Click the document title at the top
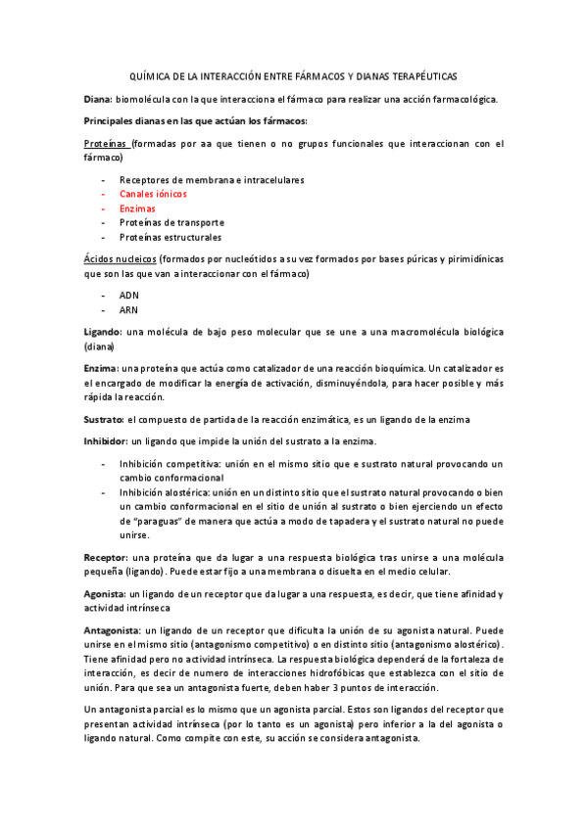293,75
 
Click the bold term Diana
98,99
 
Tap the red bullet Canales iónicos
153,194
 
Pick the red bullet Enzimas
137,208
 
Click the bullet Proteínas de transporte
171,222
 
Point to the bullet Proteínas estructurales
170,237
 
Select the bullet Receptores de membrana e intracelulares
212,180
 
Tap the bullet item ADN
129,295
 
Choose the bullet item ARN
129,309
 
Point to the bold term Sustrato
103,419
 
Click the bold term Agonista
105,594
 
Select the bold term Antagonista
113,631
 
